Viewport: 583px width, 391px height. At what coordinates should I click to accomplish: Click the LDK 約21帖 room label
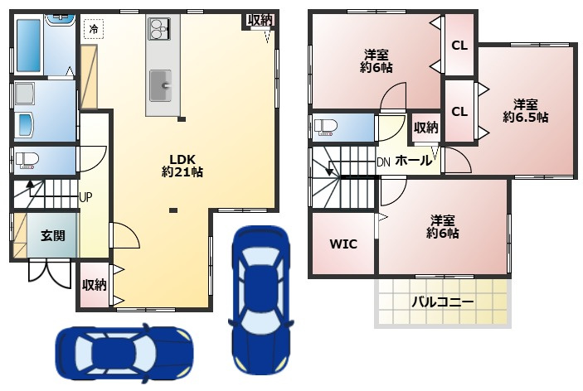(182, 166)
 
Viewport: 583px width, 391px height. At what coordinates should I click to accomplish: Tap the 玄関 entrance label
(53, 235)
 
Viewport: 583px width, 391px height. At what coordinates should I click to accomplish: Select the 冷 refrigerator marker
(94, 29)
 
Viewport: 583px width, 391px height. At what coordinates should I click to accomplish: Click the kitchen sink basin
(161, 86)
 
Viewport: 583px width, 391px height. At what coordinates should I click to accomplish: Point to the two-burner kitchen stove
(159, 29)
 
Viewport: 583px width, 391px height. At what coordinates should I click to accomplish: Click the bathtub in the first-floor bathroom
(28, 46)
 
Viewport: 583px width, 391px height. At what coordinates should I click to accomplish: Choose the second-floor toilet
(325, 127)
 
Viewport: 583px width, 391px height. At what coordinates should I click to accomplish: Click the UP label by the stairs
(85, 197)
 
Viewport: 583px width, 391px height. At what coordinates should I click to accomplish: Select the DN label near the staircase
(383, 162)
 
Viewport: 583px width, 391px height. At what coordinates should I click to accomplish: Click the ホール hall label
(414, 161)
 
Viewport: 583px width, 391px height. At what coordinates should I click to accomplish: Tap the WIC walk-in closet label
(343, 244)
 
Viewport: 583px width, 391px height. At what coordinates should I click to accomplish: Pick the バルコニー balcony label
(443, 302)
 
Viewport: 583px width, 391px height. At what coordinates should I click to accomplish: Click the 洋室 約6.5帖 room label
(526, 110)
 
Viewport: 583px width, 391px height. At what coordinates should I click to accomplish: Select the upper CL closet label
(459, 46)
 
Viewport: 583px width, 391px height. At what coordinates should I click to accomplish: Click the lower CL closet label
(459, 111)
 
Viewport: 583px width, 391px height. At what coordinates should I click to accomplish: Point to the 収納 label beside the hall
(426, 128)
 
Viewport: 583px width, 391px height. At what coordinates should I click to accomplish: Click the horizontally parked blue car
(124, 353)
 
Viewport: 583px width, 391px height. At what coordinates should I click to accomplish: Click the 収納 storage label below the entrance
(94, 285)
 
